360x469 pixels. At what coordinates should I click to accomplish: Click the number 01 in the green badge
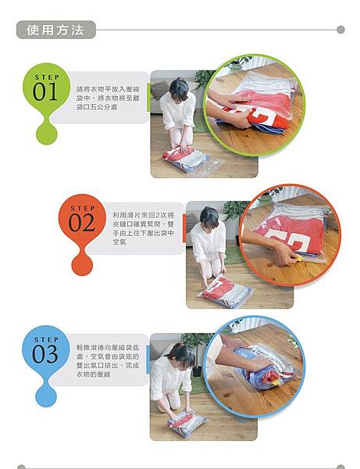coord(47,92)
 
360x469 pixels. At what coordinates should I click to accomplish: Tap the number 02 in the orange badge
coord(82,223)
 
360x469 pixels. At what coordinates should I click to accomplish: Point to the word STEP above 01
coord(46,77)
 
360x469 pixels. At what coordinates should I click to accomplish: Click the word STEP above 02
coord(82,208)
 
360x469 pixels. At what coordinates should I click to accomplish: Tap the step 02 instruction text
coord(144,227)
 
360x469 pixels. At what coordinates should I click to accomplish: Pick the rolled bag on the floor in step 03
coord(187,423)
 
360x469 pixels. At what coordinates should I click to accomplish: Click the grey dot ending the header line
coord(340,30)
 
